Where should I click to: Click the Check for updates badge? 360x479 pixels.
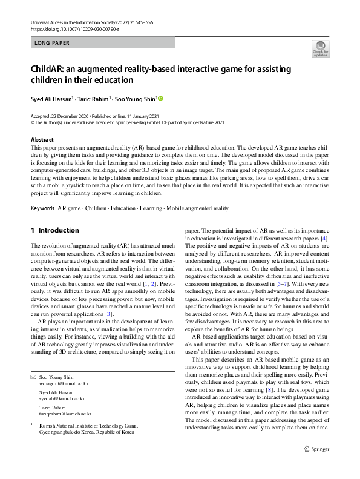coord(321,49)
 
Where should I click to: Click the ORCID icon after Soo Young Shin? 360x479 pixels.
coord(161,98)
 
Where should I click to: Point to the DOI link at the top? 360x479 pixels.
coord(71,29)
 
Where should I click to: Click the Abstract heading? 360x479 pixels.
coord(42,140)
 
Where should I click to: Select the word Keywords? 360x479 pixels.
coord(42,208)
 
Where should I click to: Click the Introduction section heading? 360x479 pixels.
coord(59,231)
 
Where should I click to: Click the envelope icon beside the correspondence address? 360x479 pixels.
coord(34,377)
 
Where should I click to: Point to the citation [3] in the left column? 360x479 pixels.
coord(108,314)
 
